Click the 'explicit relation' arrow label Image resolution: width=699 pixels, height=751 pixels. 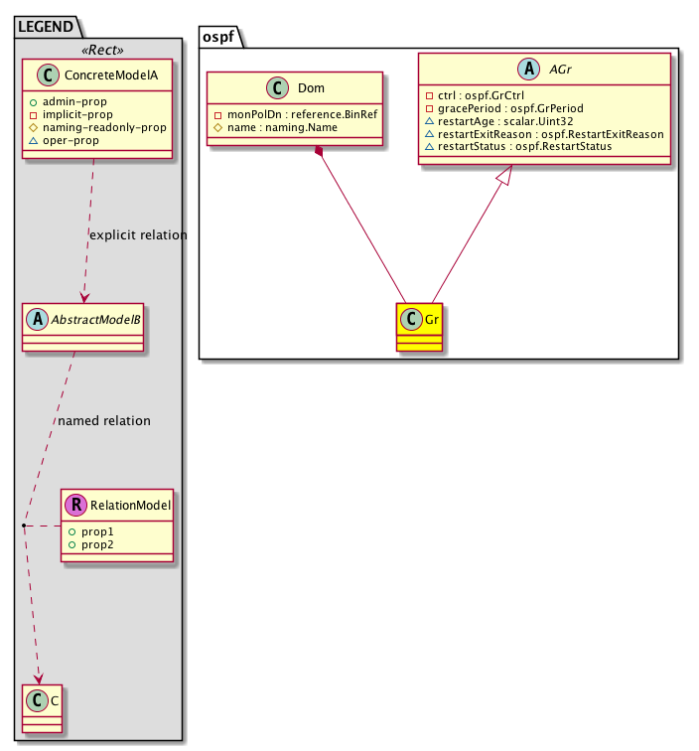point(137,235)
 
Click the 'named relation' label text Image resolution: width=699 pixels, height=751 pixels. point(104,421)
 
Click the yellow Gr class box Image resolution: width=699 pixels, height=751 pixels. point(418,328)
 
